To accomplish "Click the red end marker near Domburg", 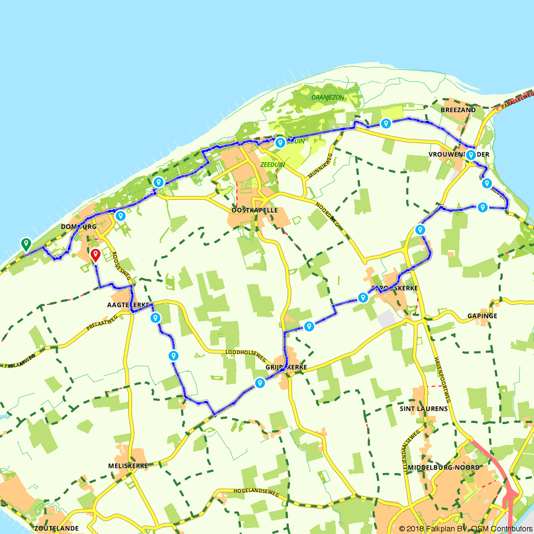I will [x=95, y=255].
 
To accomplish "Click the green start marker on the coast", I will [x=25, y=244].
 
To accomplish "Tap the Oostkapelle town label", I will [x=254, y=210].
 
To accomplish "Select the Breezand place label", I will [x=458, y=109].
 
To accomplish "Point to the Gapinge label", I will [x=482, y=316].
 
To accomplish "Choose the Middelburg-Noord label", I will [x=443, y=467].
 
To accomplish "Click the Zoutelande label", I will [x=57, y=528].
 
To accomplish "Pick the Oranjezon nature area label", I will [x=328, y=97].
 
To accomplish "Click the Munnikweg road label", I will [x=320, y=166].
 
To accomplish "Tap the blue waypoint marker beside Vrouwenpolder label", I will [x=470, y=155].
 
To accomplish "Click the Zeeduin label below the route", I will [x=273, y=165].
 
